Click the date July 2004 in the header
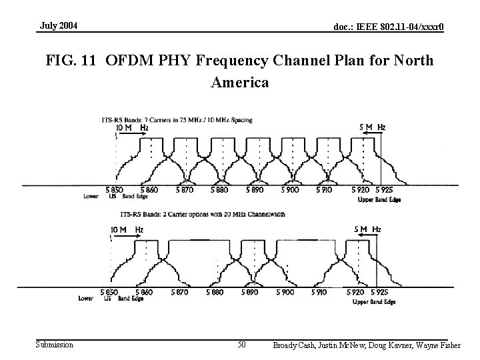point(59,26)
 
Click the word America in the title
point(240,83)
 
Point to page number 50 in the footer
point(242,345)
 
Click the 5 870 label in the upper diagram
point(185,190)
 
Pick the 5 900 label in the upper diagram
point(290,190)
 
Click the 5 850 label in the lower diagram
point(109,293)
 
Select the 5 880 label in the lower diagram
point(215,293)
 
